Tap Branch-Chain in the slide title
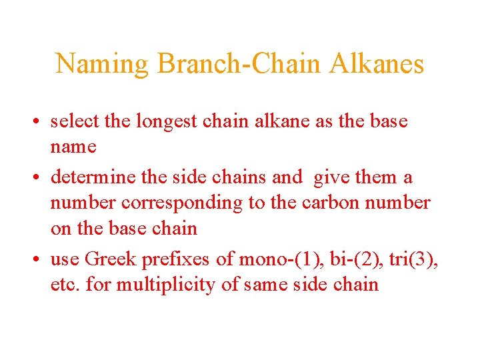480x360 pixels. tap(238, 64)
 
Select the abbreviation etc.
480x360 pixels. tap(65, 285)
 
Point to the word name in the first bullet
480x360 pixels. tap(73, 147)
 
